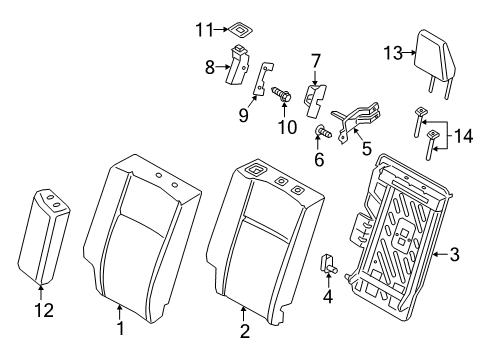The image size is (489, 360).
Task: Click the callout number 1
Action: coord(120,327)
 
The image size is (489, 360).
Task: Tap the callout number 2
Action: coord(242,327)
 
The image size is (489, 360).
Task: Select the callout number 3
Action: coord(454,256)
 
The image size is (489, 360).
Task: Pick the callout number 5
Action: coord(366,150)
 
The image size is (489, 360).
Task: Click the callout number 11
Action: coord(206,29)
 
